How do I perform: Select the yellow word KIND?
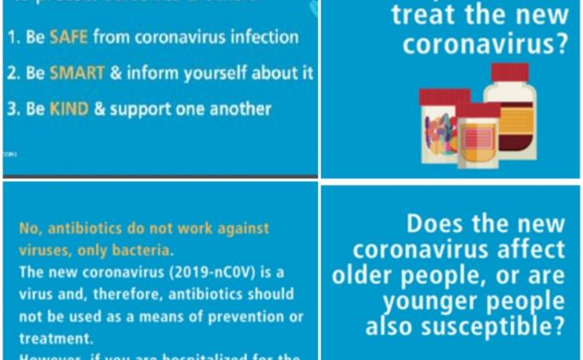[69, 109]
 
